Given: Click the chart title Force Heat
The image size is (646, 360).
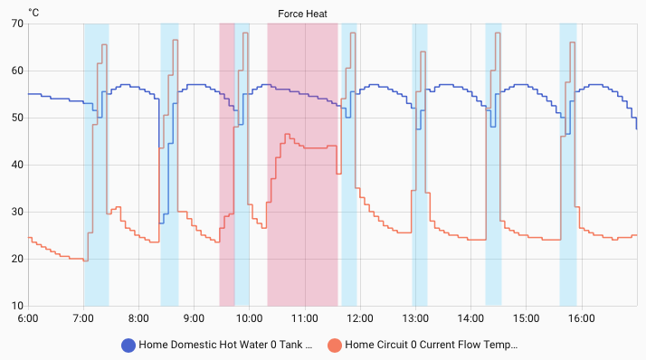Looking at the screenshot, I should tap(303, 14).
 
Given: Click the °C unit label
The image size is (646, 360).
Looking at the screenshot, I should tap(33, 13).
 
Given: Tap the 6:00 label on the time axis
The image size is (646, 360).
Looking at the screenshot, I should tap(28, 318).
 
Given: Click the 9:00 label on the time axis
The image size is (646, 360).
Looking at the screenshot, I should tap(194, 318).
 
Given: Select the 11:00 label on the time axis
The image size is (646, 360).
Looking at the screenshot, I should tap(304, 318).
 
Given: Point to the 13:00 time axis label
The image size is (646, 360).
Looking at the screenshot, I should tap(414, 318).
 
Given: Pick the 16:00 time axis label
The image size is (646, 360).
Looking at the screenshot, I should tap(581, 318).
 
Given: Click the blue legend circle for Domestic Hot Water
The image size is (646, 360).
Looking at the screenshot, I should tap(128, 345).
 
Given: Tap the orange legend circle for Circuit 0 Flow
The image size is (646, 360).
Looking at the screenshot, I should tap(335, 345).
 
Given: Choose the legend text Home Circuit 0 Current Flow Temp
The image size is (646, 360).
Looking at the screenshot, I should tap(431, 345).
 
